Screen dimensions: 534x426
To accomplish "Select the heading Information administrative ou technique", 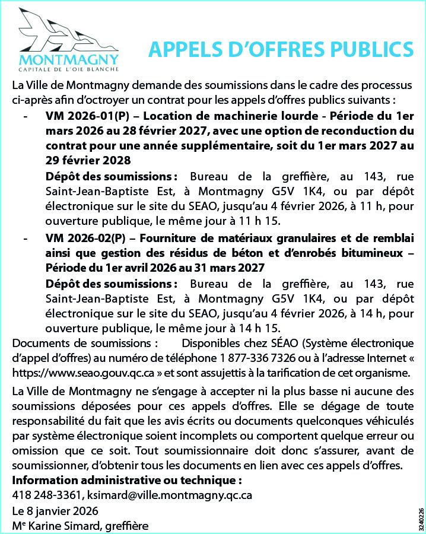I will tap(127, 480).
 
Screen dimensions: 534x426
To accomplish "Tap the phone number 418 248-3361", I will tap(46, 495).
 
